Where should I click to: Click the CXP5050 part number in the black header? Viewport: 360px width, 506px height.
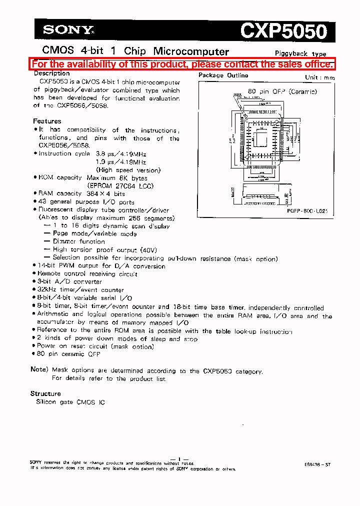click(283, 31)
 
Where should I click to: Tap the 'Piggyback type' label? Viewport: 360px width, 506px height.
click(300, 53)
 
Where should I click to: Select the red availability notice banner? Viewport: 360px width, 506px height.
click(182, 64)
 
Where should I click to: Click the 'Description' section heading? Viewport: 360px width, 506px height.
click(51, 73)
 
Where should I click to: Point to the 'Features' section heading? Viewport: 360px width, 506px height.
click(47, 121)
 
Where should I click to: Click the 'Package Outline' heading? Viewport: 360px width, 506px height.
click(223, 75)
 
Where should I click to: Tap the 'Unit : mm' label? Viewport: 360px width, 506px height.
click(319, 77)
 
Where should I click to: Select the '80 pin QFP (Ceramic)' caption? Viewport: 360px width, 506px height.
click(282, 91)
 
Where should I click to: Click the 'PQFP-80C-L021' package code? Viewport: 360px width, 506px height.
click(307, 212)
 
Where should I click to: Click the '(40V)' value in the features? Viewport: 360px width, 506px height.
click(147, 249)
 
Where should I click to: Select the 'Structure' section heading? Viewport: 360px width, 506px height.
click(45, 393)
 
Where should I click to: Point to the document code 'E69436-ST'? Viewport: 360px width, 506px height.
click(316, 464)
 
